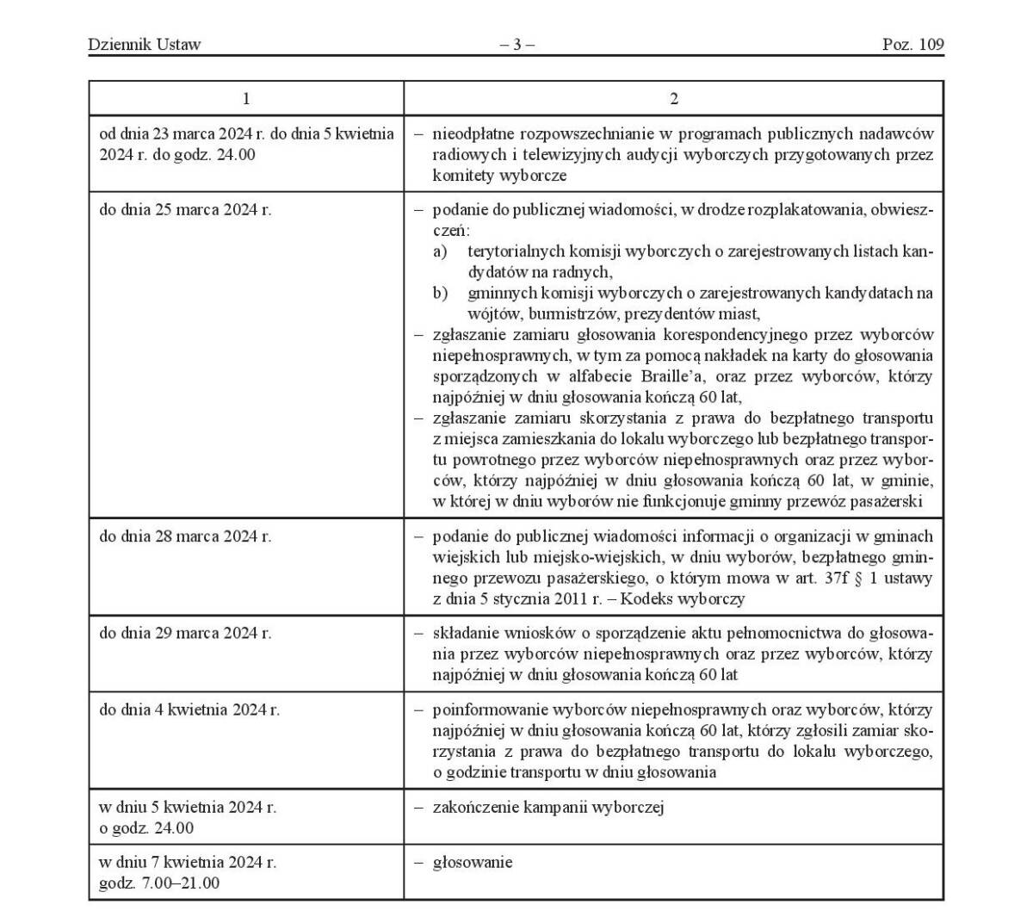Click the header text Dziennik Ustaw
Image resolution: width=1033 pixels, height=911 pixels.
(144, 45)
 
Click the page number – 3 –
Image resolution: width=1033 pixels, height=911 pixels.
(516, 45)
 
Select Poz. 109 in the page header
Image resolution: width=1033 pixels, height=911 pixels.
(912, 45)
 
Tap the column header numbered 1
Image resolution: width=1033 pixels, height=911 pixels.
(246, 99)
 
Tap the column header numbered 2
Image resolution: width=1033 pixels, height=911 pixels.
(673, 99)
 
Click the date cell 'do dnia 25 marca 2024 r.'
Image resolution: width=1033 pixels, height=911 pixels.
(185, 209)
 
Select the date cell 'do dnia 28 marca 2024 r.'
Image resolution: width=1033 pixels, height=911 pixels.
(185, 536)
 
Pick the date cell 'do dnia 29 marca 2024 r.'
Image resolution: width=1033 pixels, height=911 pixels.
(185, 633)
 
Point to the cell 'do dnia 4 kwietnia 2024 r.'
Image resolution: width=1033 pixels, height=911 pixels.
(189, 710)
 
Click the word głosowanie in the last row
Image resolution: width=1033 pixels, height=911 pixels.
(472, 862)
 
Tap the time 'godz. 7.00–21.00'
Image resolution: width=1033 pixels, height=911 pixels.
(159, 883)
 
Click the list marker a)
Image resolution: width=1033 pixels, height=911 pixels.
(440, 251)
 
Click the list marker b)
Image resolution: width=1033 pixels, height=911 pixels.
(440, 294)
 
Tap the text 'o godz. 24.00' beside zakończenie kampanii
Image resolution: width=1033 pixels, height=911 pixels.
(146, 829)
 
